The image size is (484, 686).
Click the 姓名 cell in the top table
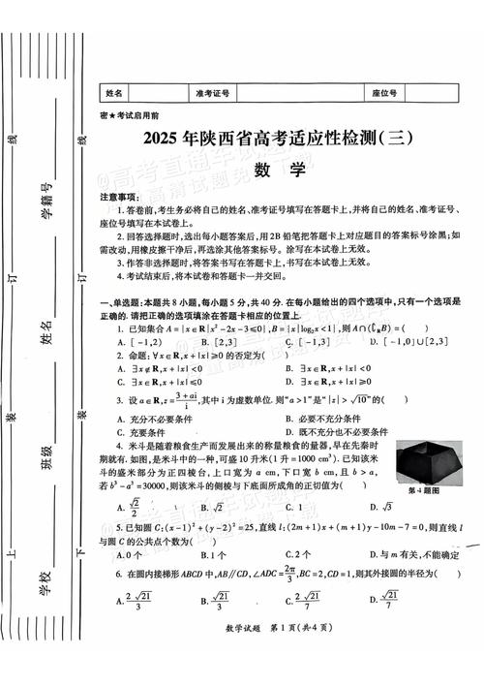(114, 93)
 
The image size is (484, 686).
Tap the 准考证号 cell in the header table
(212, 93)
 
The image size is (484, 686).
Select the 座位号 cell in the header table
(385, 93)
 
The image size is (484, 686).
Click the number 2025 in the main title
(166, 140)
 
